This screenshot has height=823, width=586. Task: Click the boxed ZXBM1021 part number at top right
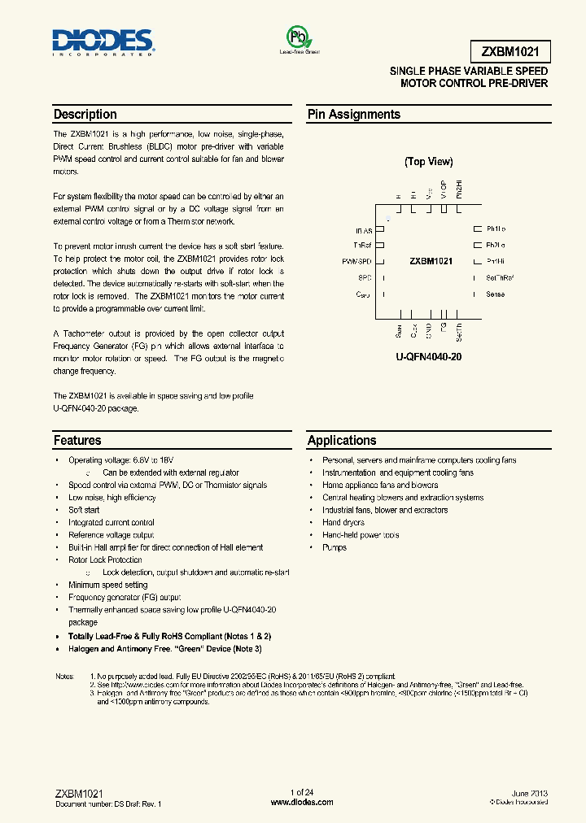point(509,53)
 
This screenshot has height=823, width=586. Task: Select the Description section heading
point(85,115)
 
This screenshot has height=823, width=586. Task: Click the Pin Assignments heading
point(353,115)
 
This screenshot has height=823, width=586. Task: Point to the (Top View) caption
point(429,162)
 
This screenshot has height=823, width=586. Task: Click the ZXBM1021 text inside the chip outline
point(431,262)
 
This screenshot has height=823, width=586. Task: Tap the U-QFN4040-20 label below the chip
point(429,357)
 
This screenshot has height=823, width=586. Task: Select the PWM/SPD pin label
point(356,262)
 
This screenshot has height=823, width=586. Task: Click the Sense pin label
point(495,294)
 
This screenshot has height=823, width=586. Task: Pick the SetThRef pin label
point(500,278)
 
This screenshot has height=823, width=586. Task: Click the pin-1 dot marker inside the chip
point(388,220)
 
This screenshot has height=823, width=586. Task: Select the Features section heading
point(77,441)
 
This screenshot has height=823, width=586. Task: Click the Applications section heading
point(342,441)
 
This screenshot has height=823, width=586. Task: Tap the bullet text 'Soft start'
point(84,510)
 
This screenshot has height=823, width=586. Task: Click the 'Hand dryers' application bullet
point(344,523)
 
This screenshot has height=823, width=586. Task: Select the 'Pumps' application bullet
point(334,547)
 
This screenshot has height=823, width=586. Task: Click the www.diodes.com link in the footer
point(301,803)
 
